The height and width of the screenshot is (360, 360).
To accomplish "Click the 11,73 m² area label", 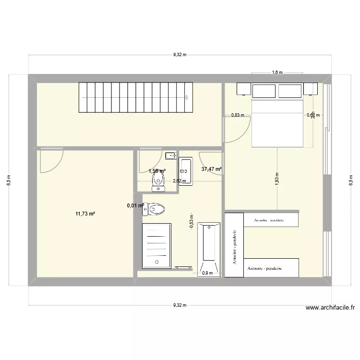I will (85, 214).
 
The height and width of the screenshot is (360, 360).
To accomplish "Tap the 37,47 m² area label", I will (211, 169).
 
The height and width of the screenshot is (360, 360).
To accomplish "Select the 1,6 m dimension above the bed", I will (277, 72).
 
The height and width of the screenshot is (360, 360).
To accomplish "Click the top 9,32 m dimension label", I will (180, 55).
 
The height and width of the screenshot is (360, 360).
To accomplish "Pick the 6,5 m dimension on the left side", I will (8, 180).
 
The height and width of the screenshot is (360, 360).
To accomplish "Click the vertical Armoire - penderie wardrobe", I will (234, 245).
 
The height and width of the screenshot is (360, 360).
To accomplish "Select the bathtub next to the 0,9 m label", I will (208, 249).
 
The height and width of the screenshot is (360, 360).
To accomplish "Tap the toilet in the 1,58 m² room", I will (158, 181).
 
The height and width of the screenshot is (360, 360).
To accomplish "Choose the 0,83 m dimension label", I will (238, 115).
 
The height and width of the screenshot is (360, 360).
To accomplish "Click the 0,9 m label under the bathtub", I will (207, 273).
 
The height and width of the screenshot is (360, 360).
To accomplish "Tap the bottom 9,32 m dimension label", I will (180, 305).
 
